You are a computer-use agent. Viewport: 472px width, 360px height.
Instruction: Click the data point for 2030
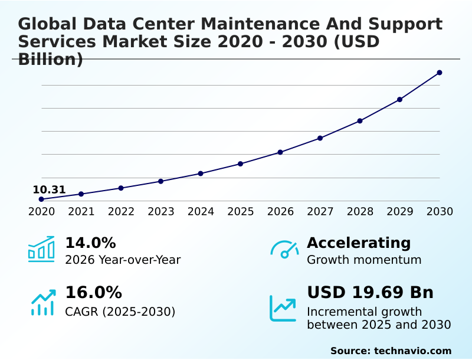tap(440, 73)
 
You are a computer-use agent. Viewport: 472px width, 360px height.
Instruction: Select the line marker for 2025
tap(241, 163)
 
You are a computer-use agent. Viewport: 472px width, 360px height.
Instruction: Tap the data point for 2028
tap(360, 121)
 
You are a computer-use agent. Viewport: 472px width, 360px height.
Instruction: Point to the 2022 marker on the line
tap(121, 188)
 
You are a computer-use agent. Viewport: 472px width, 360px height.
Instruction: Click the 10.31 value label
tap(49, 190)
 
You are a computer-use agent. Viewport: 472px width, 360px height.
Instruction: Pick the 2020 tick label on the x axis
tap(41, 211)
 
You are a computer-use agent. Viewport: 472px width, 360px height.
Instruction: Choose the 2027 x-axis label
tap(320, 211)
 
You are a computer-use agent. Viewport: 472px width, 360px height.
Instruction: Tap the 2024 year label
tap(201, 211)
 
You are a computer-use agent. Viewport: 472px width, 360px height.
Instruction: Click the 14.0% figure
tap(90, 243)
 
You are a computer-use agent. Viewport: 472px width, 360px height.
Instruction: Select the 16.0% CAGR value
tap(93, 293)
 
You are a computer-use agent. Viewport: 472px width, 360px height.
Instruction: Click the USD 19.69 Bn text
tap(370, 293)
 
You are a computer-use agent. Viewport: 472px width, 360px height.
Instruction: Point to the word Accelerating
tap(359, 243)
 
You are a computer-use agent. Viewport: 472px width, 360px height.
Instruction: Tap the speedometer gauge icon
tap(284, 249)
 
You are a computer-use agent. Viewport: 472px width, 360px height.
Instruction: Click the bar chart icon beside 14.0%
tap(41, 249)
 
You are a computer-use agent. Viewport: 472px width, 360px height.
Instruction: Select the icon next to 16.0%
tap(42, 302)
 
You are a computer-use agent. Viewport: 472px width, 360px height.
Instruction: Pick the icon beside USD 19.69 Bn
tap(283, 308)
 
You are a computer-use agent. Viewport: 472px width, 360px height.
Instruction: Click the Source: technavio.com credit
tap(391, 351)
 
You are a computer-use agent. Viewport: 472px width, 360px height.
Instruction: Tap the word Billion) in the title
tap(50, 59)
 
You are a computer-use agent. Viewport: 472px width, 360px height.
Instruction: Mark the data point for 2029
tap(399, 99)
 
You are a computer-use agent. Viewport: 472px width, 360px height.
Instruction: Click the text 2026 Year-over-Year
tap(123, 260)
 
